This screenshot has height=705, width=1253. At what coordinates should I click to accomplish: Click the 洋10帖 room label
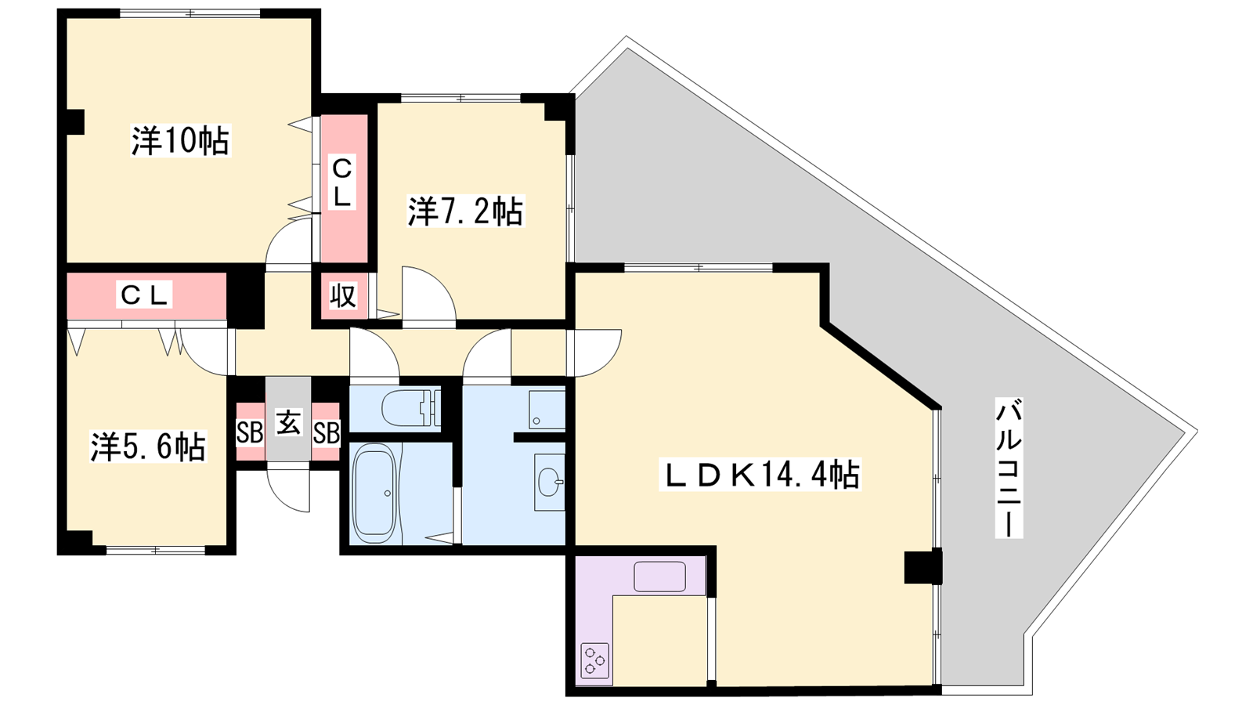point(180,140)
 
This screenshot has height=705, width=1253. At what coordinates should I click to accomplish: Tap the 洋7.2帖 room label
point(465,211)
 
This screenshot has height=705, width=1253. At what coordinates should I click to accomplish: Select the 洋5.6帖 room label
point(148,446)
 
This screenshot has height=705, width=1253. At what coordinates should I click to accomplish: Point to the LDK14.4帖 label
point(760,475)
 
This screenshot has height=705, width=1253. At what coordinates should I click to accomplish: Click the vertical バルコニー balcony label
point(1009,468)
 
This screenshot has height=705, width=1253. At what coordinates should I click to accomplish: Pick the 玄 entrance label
point(289,422)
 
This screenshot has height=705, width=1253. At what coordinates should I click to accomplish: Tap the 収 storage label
point(343,295)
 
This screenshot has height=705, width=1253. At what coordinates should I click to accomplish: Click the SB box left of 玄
point(250,432)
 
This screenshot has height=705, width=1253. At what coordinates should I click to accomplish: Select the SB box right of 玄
point(326,432)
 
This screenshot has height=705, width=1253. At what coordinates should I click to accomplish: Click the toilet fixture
point(411,408)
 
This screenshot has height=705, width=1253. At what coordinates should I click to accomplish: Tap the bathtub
point(375,493)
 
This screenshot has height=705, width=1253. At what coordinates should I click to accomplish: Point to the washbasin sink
point(550,482)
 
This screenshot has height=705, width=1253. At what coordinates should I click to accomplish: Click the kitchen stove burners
point(594,661)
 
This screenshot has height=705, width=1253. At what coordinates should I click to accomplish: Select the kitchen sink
point(659,577)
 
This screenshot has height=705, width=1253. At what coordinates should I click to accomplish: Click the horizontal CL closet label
point(145,295)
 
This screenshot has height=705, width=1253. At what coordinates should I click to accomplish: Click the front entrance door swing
point(288,490)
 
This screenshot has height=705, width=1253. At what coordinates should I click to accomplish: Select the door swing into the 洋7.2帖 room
point(428,295)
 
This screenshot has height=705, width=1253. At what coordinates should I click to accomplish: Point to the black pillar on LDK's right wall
point(923,567)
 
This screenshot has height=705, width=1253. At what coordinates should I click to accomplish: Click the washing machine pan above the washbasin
point(547,410)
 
